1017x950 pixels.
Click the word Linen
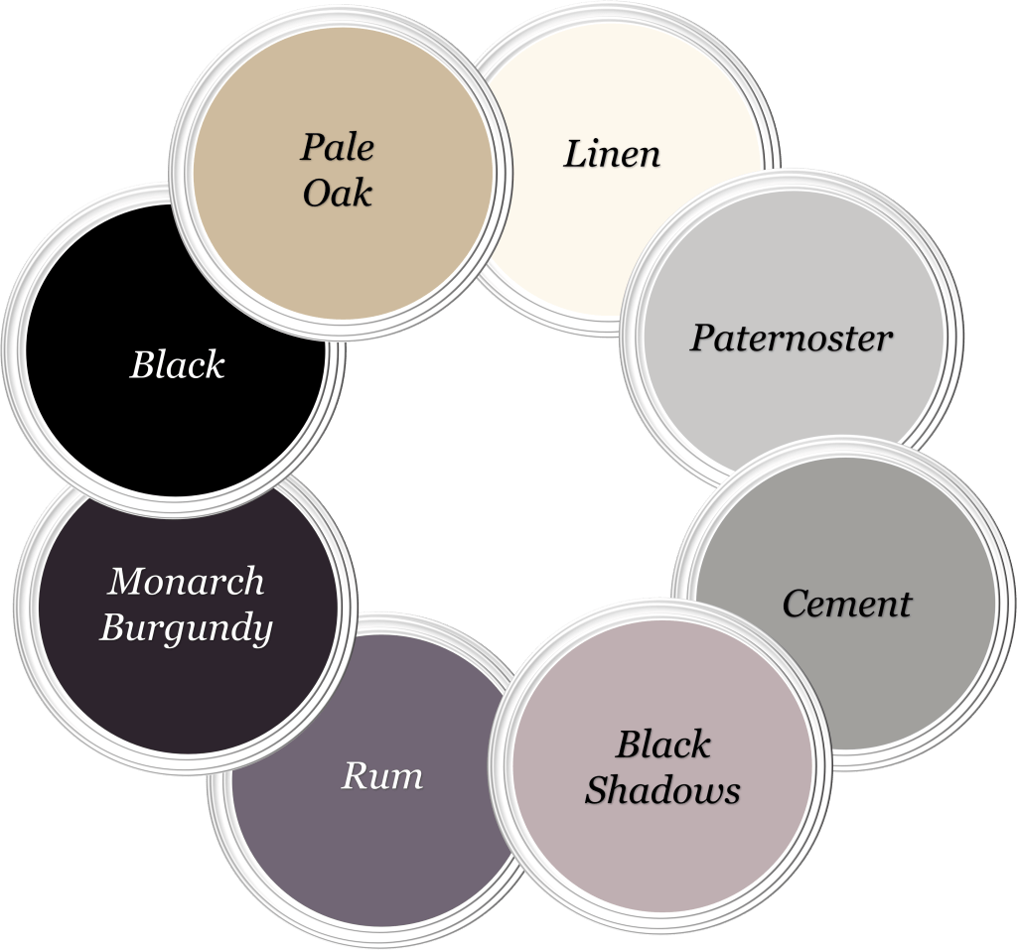click(612, 154)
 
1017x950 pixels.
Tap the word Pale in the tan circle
click(338, 148)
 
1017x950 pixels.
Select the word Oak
click(338, 193)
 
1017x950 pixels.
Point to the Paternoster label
click(792, 339)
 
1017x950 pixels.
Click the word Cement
click(846, 604)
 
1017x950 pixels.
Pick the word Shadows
click(662, 790)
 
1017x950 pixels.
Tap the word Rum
click(382, 775)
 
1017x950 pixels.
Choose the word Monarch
click(186, 581)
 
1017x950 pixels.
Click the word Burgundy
click(186, 627)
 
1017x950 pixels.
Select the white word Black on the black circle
click(178, 365)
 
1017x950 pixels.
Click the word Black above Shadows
click(662, 745)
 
